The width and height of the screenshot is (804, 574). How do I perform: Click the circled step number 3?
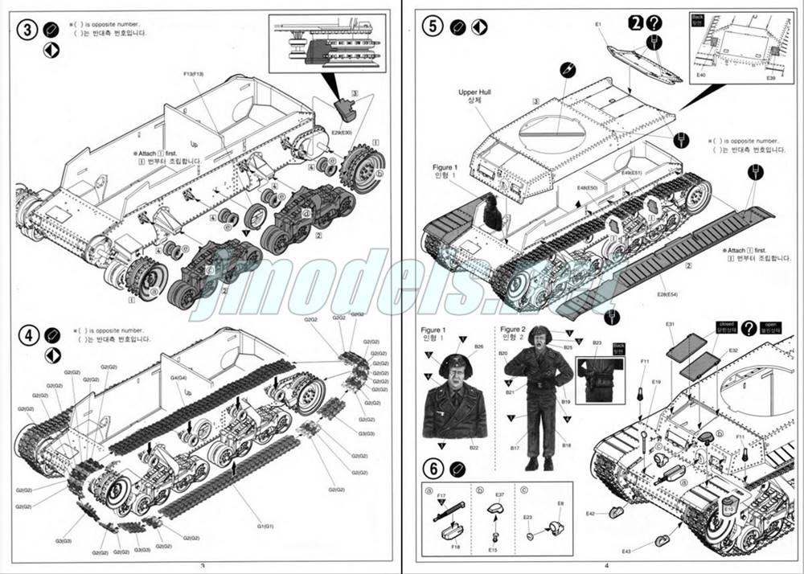click(27, 30)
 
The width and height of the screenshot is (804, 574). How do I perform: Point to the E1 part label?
click(599, 25)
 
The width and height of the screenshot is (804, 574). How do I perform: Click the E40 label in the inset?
click(701, 75)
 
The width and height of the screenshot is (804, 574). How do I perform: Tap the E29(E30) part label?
click(342, 131)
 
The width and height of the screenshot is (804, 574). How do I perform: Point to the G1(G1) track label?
click(265, 526)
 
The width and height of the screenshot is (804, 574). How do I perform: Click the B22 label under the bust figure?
click(474, 448)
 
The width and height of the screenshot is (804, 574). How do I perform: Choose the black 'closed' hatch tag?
click(726, 326)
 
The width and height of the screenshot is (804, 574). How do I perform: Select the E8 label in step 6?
click(561, 504)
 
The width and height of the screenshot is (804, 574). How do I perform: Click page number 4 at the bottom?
click(607, 565)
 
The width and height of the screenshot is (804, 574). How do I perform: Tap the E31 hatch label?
click(670, 325)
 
